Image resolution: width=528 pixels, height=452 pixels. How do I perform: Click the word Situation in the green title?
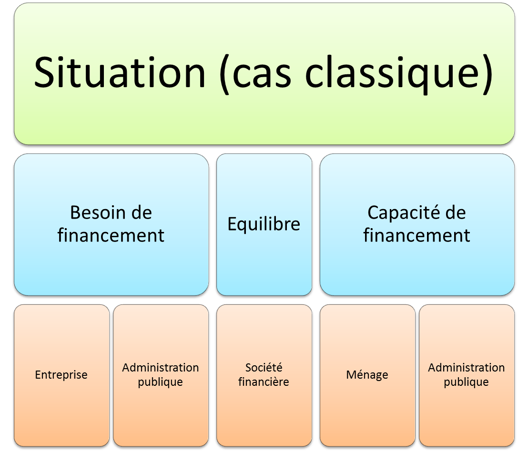120,73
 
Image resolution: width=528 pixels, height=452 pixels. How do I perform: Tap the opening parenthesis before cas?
225,74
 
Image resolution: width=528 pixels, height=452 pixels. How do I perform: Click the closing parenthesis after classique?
488,74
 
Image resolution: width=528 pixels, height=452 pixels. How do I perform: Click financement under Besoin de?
111,235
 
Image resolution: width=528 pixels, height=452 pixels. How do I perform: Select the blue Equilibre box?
264,225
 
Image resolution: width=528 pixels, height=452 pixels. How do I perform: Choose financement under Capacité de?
416,235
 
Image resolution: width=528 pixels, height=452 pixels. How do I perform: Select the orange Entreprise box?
61,376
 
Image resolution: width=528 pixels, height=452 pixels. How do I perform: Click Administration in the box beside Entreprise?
161,368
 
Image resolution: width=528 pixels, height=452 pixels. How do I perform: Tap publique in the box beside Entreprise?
160,382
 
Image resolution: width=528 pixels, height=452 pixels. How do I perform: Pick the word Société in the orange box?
264,368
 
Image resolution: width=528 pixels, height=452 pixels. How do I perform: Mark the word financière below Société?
264,382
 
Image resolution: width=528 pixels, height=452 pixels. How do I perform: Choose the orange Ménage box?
367,376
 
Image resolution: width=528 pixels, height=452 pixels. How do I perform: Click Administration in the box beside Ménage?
467,368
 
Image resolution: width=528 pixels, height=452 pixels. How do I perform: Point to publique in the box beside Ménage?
466,382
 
